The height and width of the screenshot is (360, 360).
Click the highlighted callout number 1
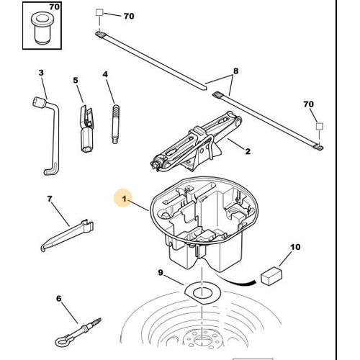point(124,199)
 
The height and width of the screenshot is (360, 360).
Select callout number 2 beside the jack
point(248,151)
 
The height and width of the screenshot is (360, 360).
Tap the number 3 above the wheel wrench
point(41,73)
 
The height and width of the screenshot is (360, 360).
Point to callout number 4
point(105,74)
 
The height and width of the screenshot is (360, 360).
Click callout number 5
point(76,80)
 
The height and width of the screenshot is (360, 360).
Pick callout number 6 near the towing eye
point(59,299)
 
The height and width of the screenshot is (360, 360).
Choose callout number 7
point(50,199)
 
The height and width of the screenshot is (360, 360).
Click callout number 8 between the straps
point(235,71)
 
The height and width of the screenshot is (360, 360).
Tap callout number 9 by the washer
point(161,273)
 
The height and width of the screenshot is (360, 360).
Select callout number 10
point(295,247)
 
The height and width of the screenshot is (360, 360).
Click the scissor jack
point(196,142)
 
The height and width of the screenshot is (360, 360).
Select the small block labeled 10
point(271,276)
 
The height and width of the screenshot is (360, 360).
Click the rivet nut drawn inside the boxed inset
point(41,28)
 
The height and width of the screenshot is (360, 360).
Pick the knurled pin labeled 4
point(116,124)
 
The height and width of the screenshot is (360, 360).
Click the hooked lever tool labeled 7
point(67,236)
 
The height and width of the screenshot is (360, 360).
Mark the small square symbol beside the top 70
point(99,12)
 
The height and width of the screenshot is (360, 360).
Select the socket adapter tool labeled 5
point(86,128)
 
